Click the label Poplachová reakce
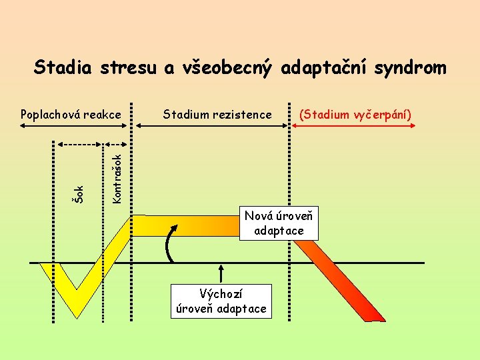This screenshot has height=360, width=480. [71, 115]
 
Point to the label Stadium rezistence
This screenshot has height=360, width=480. [217, 115]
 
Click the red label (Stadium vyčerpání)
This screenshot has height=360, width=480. [355, 115]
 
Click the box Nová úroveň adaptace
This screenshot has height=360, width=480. [279, 223]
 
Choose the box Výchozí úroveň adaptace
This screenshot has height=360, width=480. [221, 301]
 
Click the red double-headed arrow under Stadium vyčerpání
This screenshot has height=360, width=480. [353, 126]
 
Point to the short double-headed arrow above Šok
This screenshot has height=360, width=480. [81, 143]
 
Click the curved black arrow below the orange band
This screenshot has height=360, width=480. [171, 243]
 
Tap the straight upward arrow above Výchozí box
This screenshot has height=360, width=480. [221, 273]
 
